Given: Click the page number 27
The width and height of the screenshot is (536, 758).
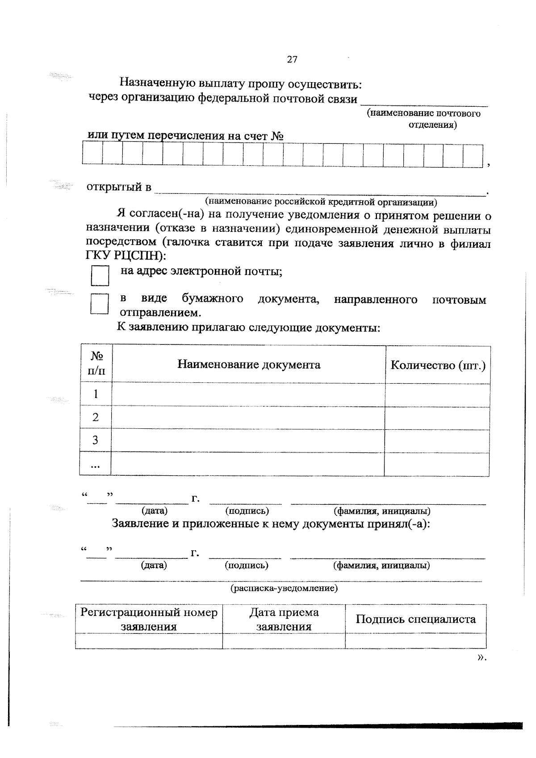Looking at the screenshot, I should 292,60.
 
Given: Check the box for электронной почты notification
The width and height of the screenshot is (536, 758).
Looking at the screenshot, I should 100,276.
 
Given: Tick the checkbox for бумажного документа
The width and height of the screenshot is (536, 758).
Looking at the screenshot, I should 99,304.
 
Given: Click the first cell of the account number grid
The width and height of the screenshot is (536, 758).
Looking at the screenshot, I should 92,155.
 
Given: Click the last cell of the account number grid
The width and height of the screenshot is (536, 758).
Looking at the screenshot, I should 473,155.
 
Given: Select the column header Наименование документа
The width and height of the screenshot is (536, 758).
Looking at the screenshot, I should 249,364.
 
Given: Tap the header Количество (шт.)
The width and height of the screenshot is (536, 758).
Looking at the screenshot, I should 438,365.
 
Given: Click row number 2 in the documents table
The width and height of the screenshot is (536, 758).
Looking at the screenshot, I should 95,417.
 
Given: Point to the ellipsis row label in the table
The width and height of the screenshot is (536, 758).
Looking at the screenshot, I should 95,465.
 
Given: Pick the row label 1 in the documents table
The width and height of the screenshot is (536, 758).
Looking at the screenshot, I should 95,394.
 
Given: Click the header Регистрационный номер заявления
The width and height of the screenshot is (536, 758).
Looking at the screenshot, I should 149,619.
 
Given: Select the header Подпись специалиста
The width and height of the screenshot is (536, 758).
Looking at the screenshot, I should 415,619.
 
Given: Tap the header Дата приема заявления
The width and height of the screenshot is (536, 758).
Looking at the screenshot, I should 284,619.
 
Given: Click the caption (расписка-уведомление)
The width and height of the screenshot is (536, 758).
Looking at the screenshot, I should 284,588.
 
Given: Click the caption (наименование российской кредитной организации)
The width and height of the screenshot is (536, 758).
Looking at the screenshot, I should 321,202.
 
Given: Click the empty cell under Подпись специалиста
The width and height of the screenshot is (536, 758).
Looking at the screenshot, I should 415,641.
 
